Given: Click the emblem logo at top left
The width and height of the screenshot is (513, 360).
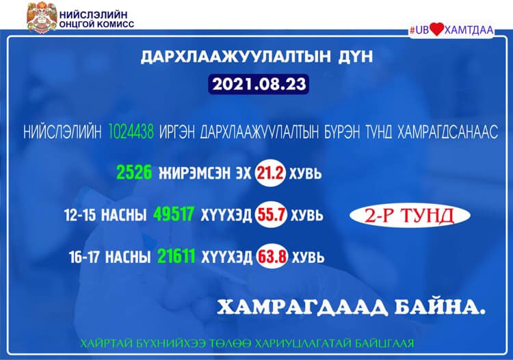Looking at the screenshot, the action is (42, 18).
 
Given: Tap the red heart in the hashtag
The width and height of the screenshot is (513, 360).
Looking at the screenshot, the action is (436, 29).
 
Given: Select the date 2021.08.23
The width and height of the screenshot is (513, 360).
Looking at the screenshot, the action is (259, 84).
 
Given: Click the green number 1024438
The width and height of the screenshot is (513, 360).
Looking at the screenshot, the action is (131, 132).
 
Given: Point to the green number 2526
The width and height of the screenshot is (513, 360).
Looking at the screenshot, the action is (134, 172).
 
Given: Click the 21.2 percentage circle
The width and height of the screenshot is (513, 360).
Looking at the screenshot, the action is (270, 173).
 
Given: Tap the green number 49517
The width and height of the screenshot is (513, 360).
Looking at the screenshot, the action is (174, 214).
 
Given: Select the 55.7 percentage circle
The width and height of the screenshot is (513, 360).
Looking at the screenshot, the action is (272, 215).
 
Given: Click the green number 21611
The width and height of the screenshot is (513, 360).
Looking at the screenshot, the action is (176, 256).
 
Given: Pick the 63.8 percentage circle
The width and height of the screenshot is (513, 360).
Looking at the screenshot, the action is (272, 256).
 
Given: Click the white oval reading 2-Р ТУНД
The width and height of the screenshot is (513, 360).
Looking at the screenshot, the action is (410, 216).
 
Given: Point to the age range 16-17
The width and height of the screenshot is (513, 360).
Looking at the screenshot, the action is (84, 257).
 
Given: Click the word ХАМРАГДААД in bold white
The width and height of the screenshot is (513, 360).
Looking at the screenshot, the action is (302, 308).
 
